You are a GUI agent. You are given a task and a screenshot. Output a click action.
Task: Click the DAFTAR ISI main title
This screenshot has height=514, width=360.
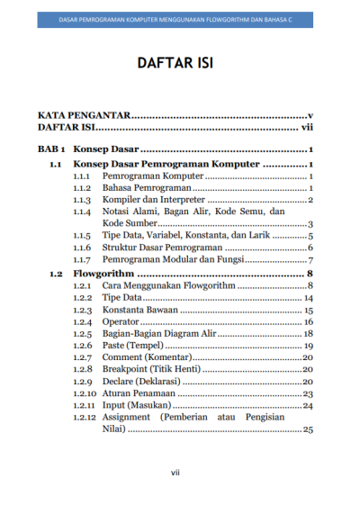click(179, 65)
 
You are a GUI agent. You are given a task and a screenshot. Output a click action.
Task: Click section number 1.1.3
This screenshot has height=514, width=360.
click(82, 200)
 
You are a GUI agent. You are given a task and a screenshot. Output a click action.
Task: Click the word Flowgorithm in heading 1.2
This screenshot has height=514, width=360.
click(103, 273)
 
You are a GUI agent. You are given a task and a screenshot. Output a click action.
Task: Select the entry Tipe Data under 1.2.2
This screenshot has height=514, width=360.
click(121, 297)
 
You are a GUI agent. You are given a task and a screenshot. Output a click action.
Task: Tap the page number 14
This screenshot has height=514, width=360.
click(308, 297)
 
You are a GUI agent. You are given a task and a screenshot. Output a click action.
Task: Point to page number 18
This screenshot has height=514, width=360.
click(308, 334)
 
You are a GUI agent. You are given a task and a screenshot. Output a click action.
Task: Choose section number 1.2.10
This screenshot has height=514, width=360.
click(85, 393)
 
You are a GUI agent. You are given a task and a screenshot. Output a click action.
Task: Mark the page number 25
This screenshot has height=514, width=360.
click(308, 430)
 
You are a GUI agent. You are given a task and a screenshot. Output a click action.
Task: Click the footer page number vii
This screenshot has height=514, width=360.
click(179, 472)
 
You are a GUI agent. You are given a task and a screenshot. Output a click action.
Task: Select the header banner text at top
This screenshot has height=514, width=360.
click(179, 18)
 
